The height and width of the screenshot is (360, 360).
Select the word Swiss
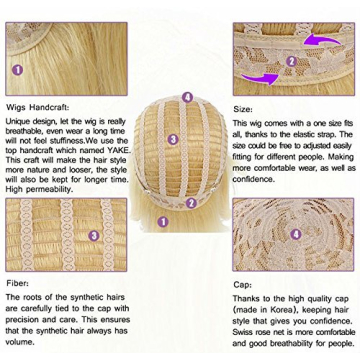tap(247, 326)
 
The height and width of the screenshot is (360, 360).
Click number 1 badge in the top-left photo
tap(16, 70)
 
